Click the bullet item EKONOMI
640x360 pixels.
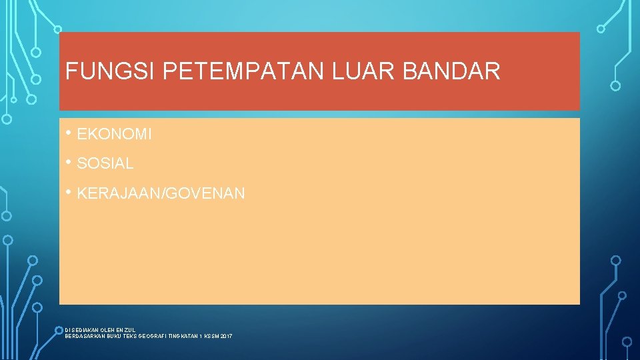click(115, 135)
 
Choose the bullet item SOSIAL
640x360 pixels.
click(105, 163)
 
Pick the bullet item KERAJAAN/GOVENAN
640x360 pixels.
click(161, 194)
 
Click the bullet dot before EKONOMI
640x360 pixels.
click(69, 133)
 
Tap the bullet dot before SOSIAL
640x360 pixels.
click(69, 161)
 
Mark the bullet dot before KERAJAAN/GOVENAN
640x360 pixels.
click(69, 192)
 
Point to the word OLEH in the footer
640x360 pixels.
click(107, 329)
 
